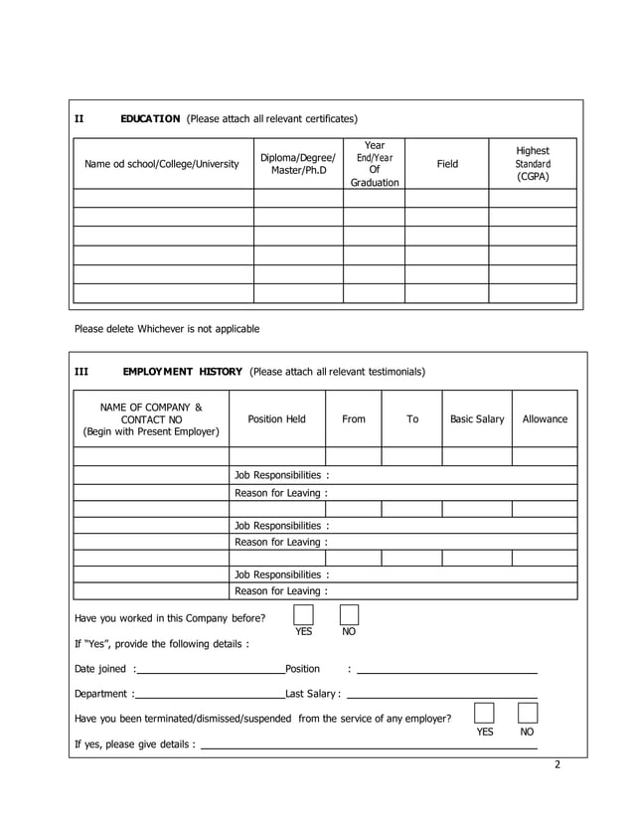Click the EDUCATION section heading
pos(150,119)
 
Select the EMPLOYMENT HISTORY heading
pos(182,372)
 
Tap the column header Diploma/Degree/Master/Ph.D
pos(298,164)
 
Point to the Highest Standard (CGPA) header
pos(533,164)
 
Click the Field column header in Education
pos(447,164)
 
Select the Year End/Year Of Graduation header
pos(375,164)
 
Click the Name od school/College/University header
pos(162,164)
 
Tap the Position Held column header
pos(276,419)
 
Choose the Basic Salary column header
pos(477,419)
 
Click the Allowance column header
pos(545,419)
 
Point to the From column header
pos(354,419)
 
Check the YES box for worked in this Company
pos(303,615)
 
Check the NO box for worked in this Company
pos(349,615)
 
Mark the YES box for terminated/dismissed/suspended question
pos(484,714)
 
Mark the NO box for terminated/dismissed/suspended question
pos(528,714)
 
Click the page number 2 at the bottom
pos(557,764)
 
